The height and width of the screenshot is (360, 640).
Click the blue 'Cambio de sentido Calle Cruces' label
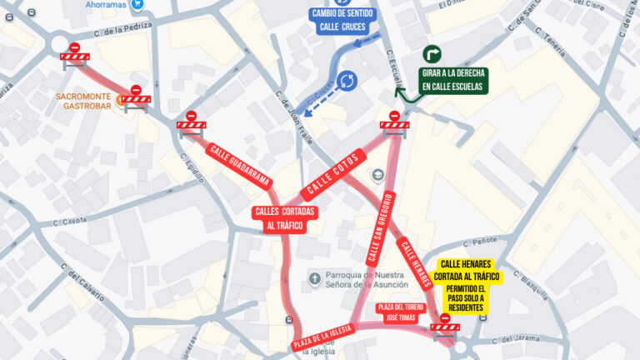click(x=342, y=20)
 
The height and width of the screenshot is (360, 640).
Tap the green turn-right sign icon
click(x=433, y=54)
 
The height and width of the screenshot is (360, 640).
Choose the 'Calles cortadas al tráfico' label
click(x=283, y=218)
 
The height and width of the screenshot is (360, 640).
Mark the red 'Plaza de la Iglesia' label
click(x=322, y=336)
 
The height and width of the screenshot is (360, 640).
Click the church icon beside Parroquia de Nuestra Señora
click(x=314, y=277)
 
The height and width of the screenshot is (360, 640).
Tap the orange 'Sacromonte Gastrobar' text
click(x=83, y=101)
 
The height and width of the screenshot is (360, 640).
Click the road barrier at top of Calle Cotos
click(x=394, y=122)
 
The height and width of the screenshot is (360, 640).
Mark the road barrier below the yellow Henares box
click(x=444, y=323)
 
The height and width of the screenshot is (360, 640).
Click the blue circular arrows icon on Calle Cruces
click(x=347, y=81)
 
